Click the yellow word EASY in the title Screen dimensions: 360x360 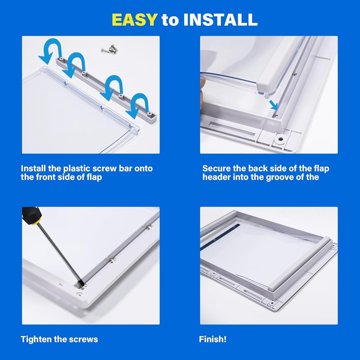point(135,20)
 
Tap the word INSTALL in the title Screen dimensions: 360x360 point(221,20)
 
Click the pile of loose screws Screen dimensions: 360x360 point(110,49)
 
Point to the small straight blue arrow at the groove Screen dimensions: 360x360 point(274,105)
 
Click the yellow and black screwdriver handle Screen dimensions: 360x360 point(32,215)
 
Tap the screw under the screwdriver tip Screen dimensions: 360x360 point(84,286)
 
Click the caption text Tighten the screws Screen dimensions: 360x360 point(59,339)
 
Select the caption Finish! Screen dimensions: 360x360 point(213,339)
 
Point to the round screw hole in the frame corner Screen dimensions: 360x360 point(280,139)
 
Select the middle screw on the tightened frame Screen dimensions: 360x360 point(113,260)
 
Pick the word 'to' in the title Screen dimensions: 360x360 point(170,20)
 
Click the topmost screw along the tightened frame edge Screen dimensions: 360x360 point(149,227)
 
